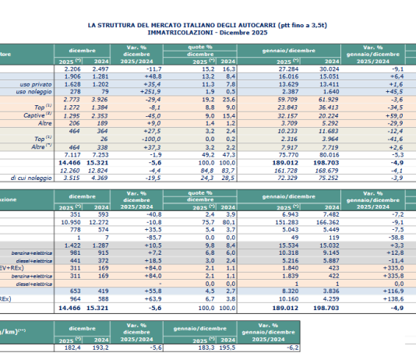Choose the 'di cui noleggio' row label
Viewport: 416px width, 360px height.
click(x=27, y=178)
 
